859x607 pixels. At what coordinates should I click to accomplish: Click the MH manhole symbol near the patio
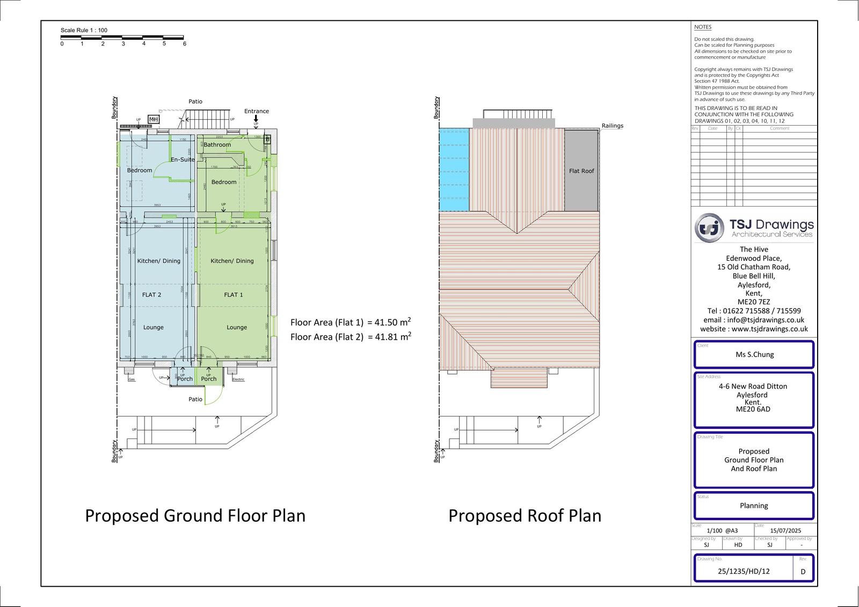pos(154,120)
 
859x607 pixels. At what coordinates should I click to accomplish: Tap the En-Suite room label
pos(183,159)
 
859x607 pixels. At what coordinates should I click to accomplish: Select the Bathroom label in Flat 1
pos(217,144)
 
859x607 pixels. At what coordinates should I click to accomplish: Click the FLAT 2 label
pos(151,295)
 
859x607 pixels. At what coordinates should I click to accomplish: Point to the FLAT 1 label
pos(234,295)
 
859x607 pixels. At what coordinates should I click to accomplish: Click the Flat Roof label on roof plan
pos(581,171)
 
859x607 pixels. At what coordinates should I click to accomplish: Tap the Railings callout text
pos(612,126)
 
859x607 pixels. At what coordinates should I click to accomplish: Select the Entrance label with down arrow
pos(256,112)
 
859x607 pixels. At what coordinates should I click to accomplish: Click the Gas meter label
pos(132,379)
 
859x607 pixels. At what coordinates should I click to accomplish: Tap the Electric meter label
pos(238,379)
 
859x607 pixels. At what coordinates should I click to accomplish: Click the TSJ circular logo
pos(709,228)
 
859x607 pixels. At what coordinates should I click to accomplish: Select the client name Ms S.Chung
pos(754,354)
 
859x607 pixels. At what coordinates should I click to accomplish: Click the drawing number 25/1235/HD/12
pos(744,571)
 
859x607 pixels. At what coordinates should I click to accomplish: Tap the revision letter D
pos(803,572)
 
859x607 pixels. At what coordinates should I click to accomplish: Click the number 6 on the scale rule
pos(185,44)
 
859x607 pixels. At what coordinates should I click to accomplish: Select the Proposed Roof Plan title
pos(525,515)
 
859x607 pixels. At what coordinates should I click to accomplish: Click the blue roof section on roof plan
pos(454,170)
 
